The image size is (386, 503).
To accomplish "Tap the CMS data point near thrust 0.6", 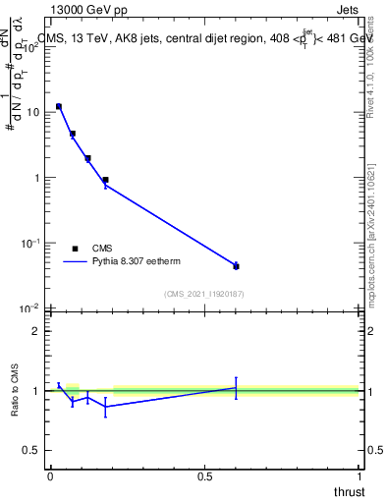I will click(x=236, y=266).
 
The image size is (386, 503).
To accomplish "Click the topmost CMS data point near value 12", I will click(x=59, y=106).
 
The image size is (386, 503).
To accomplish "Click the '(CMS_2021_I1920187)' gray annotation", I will click(x=203, y=294).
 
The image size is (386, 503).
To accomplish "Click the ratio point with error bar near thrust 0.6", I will click(x=236, y=388).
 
